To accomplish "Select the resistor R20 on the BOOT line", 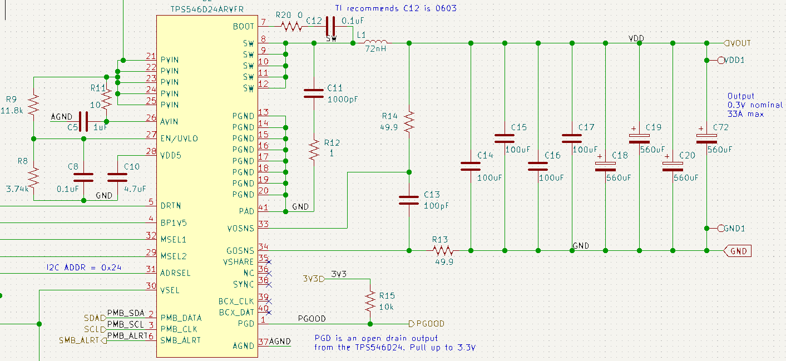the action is coord(291,27).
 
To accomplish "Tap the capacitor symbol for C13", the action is coord(409,200).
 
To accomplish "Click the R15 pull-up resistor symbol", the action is coord(370,301).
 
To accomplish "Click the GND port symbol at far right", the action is coord(738,251).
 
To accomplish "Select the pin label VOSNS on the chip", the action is coord(240,229).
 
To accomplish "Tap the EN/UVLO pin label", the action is coord(179,139).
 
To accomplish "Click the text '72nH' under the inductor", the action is coord(375,49).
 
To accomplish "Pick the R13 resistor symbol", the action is coord(443,250).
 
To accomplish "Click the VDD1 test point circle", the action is coord(721,60).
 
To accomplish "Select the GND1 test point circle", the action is coord(721,229).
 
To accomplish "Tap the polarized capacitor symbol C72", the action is coord(706,139).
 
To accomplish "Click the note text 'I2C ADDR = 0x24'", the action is coord(84,268).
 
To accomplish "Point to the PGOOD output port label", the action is coord(427,324).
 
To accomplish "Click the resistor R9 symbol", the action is coord(33,105).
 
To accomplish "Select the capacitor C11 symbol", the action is coord(314,93).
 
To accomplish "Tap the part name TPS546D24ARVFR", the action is coord(207,9).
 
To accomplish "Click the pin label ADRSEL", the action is coord(175,273).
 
